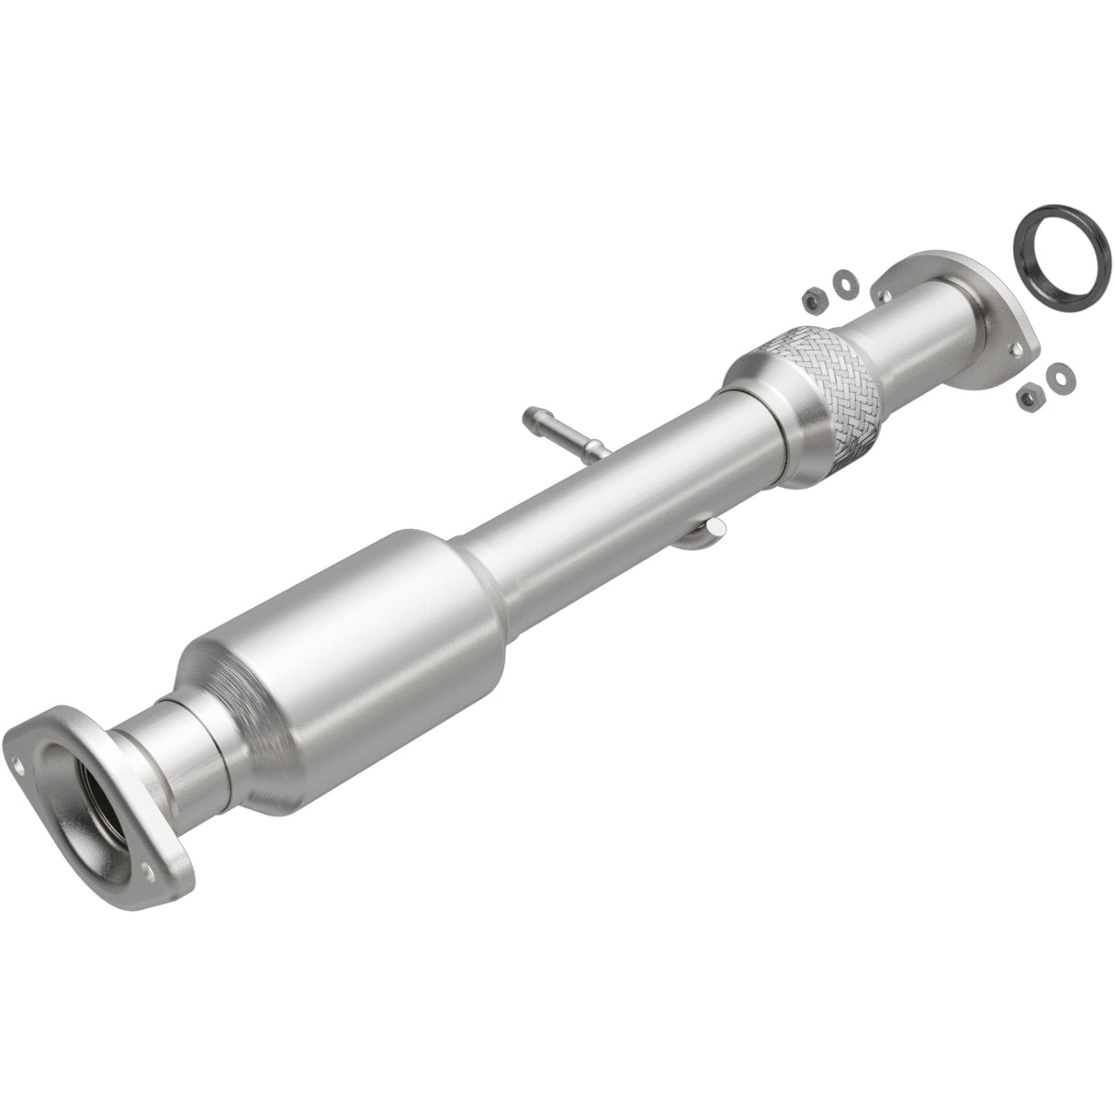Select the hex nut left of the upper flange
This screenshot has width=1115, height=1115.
812,298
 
